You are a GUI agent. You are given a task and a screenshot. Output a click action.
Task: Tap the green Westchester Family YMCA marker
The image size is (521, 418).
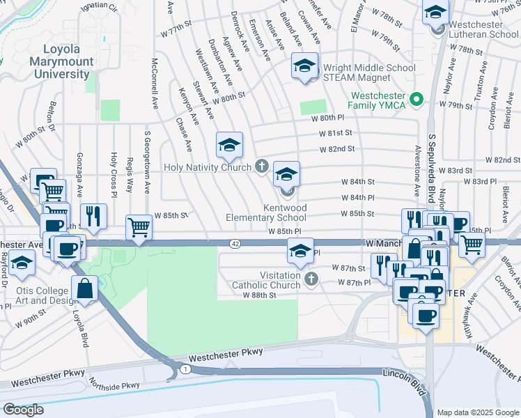(417, 100)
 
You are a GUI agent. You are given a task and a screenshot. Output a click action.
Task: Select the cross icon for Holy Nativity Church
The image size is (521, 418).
(262, 166)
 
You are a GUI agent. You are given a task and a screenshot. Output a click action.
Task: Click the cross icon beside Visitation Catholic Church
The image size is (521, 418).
(311, 279)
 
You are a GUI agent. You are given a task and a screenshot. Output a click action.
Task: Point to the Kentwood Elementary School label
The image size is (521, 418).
(266, 213)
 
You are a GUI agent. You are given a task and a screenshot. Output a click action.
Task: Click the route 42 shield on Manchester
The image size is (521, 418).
(235, 243)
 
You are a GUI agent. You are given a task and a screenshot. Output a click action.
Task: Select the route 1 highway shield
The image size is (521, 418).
(184, 367)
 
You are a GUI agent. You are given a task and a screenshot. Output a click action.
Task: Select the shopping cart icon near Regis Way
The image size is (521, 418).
(139, 227)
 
